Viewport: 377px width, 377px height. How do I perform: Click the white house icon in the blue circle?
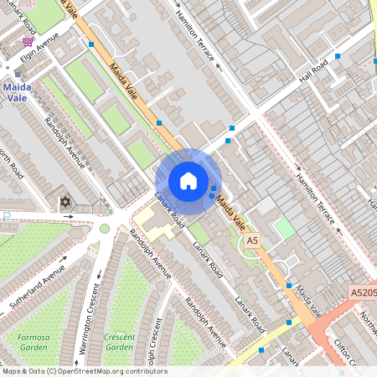(188, 181)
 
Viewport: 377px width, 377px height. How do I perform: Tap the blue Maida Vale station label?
(17, 92)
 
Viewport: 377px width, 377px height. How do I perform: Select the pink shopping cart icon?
(28, 41)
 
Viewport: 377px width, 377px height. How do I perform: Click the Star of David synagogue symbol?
(65, 202)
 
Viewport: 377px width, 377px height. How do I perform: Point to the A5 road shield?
(252, 240)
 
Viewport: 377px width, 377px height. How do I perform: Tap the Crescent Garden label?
(118, 341)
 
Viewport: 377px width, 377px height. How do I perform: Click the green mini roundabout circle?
(105, 228)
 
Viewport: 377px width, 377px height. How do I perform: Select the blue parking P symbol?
(7, 215)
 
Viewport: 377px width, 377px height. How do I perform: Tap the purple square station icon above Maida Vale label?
(16, 74)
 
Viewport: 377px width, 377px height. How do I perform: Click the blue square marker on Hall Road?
(338, 56)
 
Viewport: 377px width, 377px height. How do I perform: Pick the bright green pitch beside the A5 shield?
(286, 228)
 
